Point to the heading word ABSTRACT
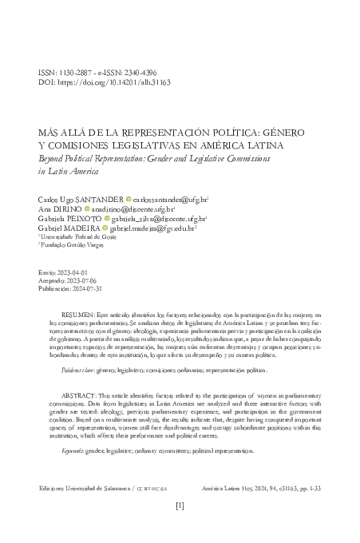point(80,395)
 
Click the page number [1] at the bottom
point(180,528)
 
